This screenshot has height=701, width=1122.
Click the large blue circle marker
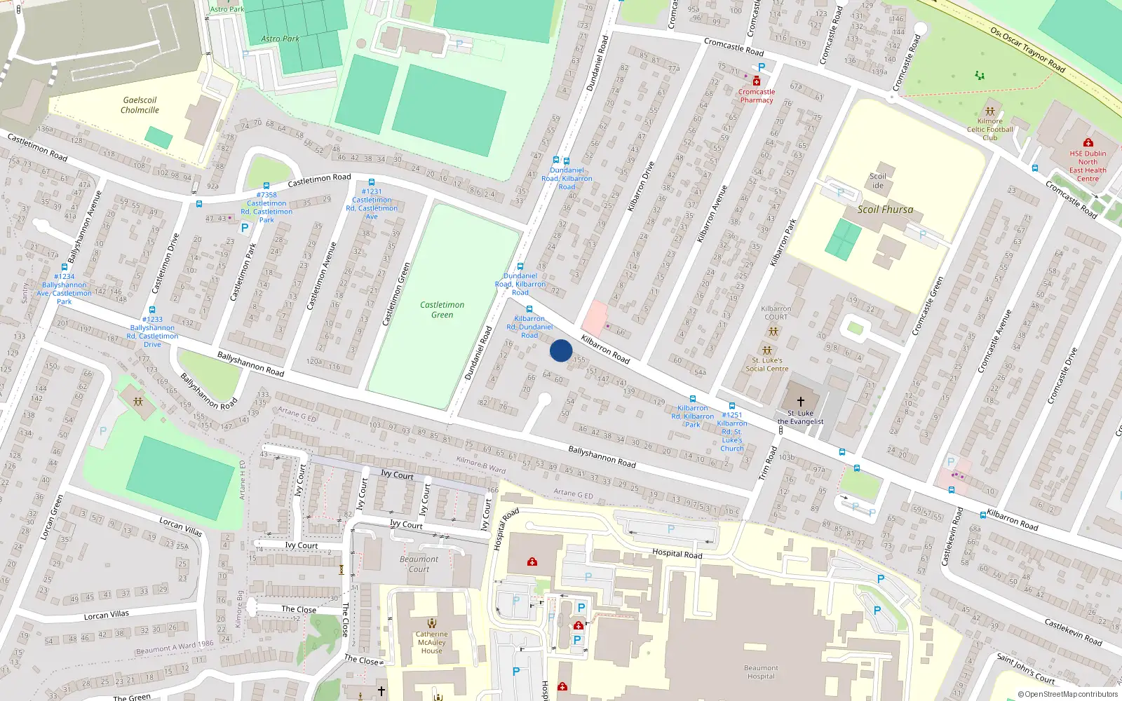click(560, 350)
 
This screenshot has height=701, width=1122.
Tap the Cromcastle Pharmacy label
click(756, 96)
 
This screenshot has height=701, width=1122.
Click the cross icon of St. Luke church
click(800, 401)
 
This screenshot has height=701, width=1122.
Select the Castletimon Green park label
click(442, 309)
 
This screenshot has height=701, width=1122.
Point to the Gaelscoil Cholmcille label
click(140, 105)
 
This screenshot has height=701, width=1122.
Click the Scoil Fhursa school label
click(885, 209)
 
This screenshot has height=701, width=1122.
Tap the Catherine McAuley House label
click(431, 642)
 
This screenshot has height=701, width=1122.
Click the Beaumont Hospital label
click(761, 672)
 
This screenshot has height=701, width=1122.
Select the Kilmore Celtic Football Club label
click(989, 129)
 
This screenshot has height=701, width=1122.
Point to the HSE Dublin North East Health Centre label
click(1088, 166)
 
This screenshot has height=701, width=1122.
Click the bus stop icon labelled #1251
click(731, 406)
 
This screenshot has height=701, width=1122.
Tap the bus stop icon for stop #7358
click(266, 186)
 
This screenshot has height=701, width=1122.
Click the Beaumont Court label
click(419, 564)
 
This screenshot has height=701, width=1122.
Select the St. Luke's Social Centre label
click(766, 365)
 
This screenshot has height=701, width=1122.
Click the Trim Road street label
click(769, 463)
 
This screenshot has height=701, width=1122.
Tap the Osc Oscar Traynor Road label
click(1027, 49)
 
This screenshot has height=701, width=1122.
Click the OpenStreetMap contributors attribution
click(1067, 694)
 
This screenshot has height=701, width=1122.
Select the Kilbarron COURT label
click(776, 313)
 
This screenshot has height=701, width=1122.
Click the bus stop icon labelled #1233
click(152, 310)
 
